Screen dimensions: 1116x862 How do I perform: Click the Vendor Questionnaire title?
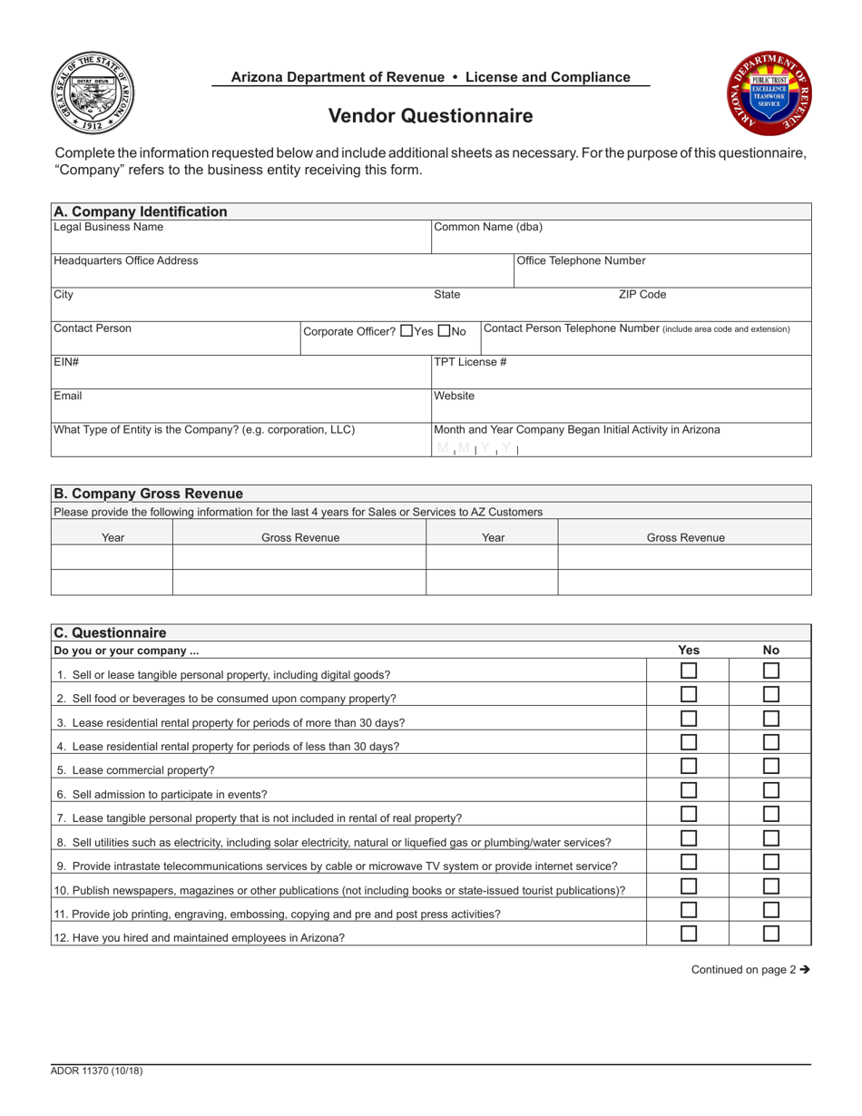(430, 116)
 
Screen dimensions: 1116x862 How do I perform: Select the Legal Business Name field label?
(109, 227)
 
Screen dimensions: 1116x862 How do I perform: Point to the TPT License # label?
(470, 362)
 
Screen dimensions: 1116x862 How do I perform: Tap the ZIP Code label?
(642, 295)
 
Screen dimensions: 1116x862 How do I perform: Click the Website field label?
(455, 396)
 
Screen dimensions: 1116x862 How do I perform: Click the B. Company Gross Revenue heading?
(148, 494)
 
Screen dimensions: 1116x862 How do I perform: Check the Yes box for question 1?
(690, 671)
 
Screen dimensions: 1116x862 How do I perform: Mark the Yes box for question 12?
(690, 933)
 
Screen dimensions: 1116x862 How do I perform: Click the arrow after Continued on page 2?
(804, 969)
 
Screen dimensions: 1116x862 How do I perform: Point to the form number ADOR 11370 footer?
(97, 1072)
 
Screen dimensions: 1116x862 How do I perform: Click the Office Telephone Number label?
(581, 261)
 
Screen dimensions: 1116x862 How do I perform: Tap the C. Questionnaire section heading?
(109, 632)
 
